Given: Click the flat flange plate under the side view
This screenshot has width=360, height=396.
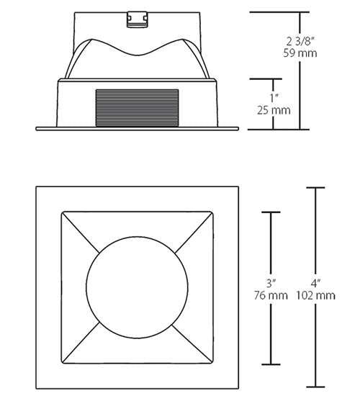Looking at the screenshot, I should coord(137,130).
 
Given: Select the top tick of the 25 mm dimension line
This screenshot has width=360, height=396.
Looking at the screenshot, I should coord(274,79).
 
